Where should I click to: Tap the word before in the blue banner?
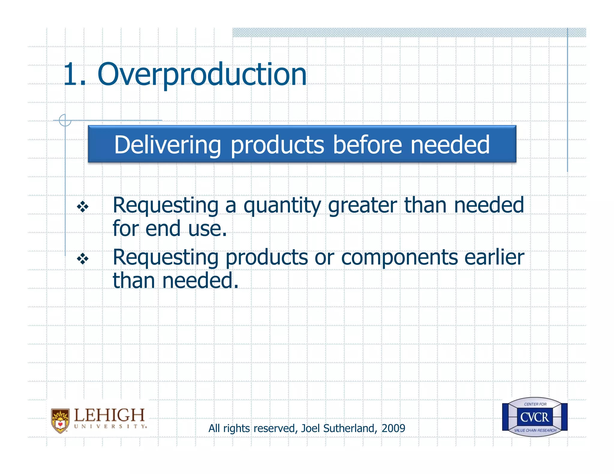pos(367,145)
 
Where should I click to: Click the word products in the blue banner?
pos(277,145)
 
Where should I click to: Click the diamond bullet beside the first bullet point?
pos(82,207)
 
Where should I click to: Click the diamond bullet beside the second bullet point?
pos(82,259)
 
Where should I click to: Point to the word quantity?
pos(282,206)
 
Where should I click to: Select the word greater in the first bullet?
pos(362,206)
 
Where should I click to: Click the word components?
pos(399,258)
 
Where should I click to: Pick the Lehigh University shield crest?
pos(60,420)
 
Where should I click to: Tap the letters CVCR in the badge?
pos(535,417)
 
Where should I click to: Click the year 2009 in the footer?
pos(393,428)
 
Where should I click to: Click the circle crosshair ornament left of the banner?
pos(65,120)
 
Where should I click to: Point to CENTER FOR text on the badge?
pos(535,404)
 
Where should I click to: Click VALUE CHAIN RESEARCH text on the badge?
pos(535,430)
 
